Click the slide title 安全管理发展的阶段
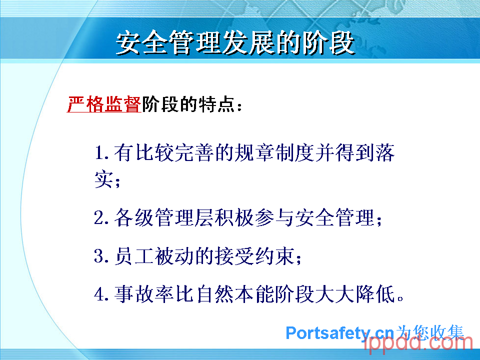point(235,42)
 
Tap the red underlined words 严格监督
point(104,104)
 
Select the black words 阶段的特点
point(188,104)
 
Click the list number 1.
point(101,152)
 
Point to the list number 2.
point(101,217)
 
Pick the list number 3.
point(101,256)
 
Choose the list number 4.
point(101,294)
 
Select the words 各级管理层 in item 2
point(164,217)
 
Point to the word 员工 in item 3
point(133,256)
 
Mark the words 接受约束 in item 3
point(254,256)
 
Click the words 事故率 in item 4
point(144,294)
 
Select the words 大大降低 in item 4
point(355,294)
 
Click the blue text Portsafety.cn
point(340,333)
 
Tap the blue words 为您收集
point(430,332)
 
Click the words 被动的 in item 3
point(184,256)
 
